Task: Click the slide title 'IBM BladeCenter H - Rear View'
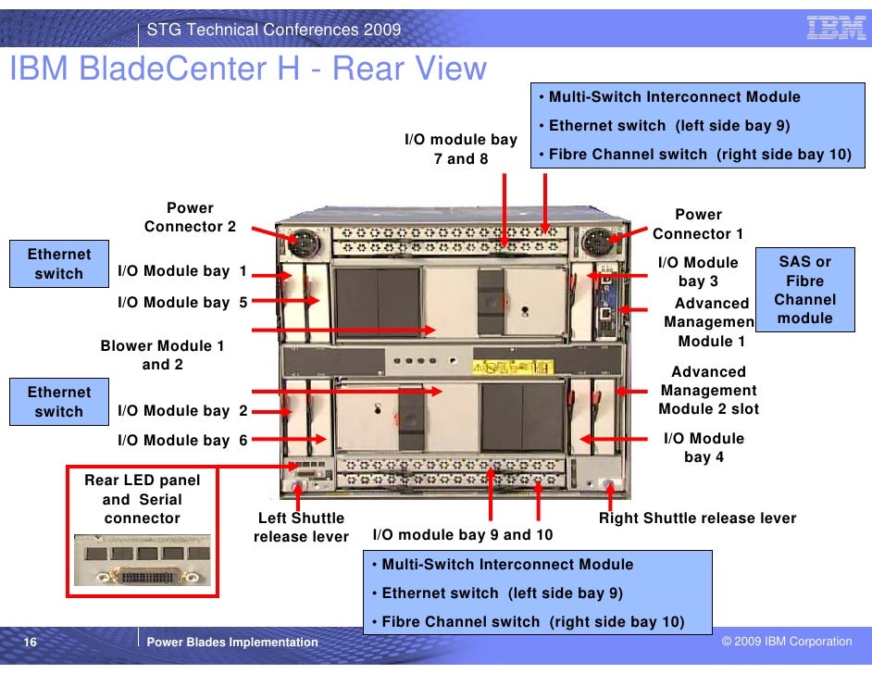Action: click(x=247, y=69)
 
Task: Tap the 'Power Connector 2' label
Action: click(x=190, y=218)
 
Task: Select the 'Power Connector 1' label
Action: click(x=698, y=224)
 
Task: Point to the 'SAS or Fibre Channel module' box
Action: click(x=804, y=290)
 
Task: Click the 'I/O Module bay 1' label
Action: click(x=182, y=271)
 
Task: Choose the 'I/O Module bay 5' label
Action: click(x=182, y=302)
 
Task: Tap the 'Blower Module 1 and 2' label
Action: click(x=162, y=356)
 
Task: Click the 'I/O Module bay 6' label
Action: click(x=182, y=441)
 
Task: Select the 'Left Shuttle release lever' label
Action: click(x=301, y=528)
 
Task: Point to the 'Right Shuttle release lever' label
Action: click(x=697, y=518)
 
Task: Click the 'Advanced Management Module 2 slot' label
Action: click(x=708, y=391)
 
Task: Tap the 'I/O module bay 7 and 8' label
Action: click(x=461, y=149)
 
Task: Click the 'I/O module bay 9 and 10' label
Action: click(x=462, y=535)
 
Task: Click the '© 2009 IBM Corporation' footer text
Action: click(x=787, y=642)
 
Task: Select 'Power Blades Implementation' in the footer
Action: click(x=232, y=642)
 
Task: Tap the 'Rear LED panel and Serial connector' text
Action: click(x=142, y=499)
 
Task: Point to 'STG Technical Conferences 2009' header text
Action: click(x=274, y=30)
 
